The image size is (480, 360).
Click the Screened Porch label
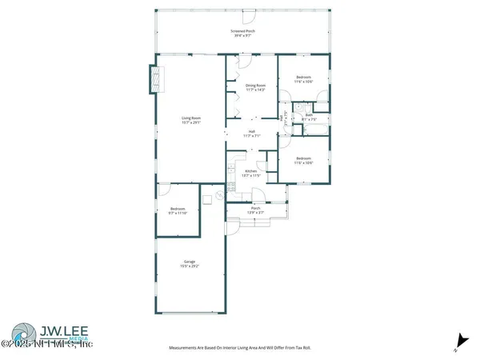click(242, 30)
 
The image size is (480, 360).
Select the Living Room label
click(190, 118)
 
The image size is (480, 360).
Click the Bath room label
click(309, 114)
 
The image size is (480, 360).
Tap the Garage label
click(190, 261)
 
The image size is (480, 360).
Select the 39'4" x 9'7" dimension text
click(242, 36)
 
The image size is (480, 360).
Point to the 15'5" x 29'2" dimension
click(190, 266)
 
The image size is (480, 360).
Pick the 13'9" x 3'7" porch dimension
click(256, 212)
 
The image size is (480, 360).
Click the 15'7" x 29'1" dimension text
click(190, 123)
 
